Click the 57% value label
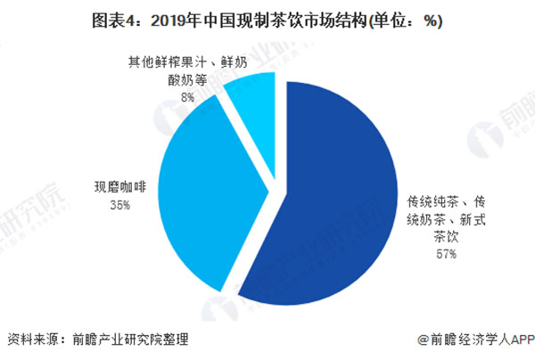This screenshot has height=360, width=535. pyautogui.click(x=446, y=254)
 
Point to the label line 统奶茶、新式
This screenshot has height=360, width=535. pyautogui.click(x=446, y=218)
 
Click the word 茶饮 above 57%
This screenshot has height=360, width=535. pyautogui.click(x=446, y=236)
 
